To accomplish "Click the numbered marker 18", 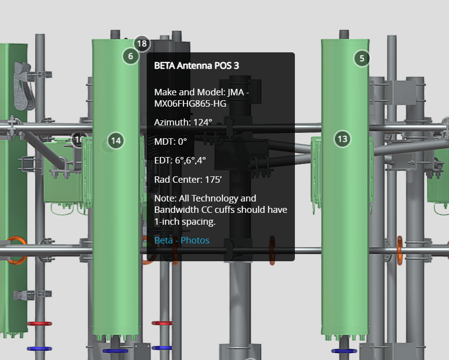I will [x=142, y=43].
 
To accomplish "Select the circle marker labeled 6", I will [x=130, y=56].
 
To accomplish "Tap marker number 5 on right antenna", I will [x=362, y=58].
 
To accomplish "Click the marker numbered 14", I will [x=116, y=140].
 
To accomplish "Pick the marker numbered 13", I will [x=342, y=139].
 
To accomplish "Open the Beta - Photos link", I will [x=181, y=240].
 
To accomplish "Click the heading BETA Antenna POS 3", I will [x=197, y=65].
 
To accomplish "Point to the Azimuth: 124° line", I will [x=183, y=122].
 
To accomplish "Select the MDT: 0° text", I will [x=170, y=141].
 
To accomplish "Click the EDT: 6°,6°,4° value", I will [x=180, y=160].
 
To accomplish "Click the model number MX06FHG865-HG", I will [x=190, y=103].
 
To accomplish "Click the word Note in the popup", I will [x=163, y=198].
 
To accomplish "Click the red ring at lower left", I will [x=39, y=323].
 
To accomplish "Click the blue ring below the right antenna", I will [x=344, y=351].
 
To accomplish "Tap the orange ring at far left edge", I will [x=16, y=249].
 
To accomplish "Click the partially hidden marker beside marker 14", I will [x=79, y=140].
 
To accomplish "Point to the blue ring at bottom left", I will [x=39, y=349].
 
